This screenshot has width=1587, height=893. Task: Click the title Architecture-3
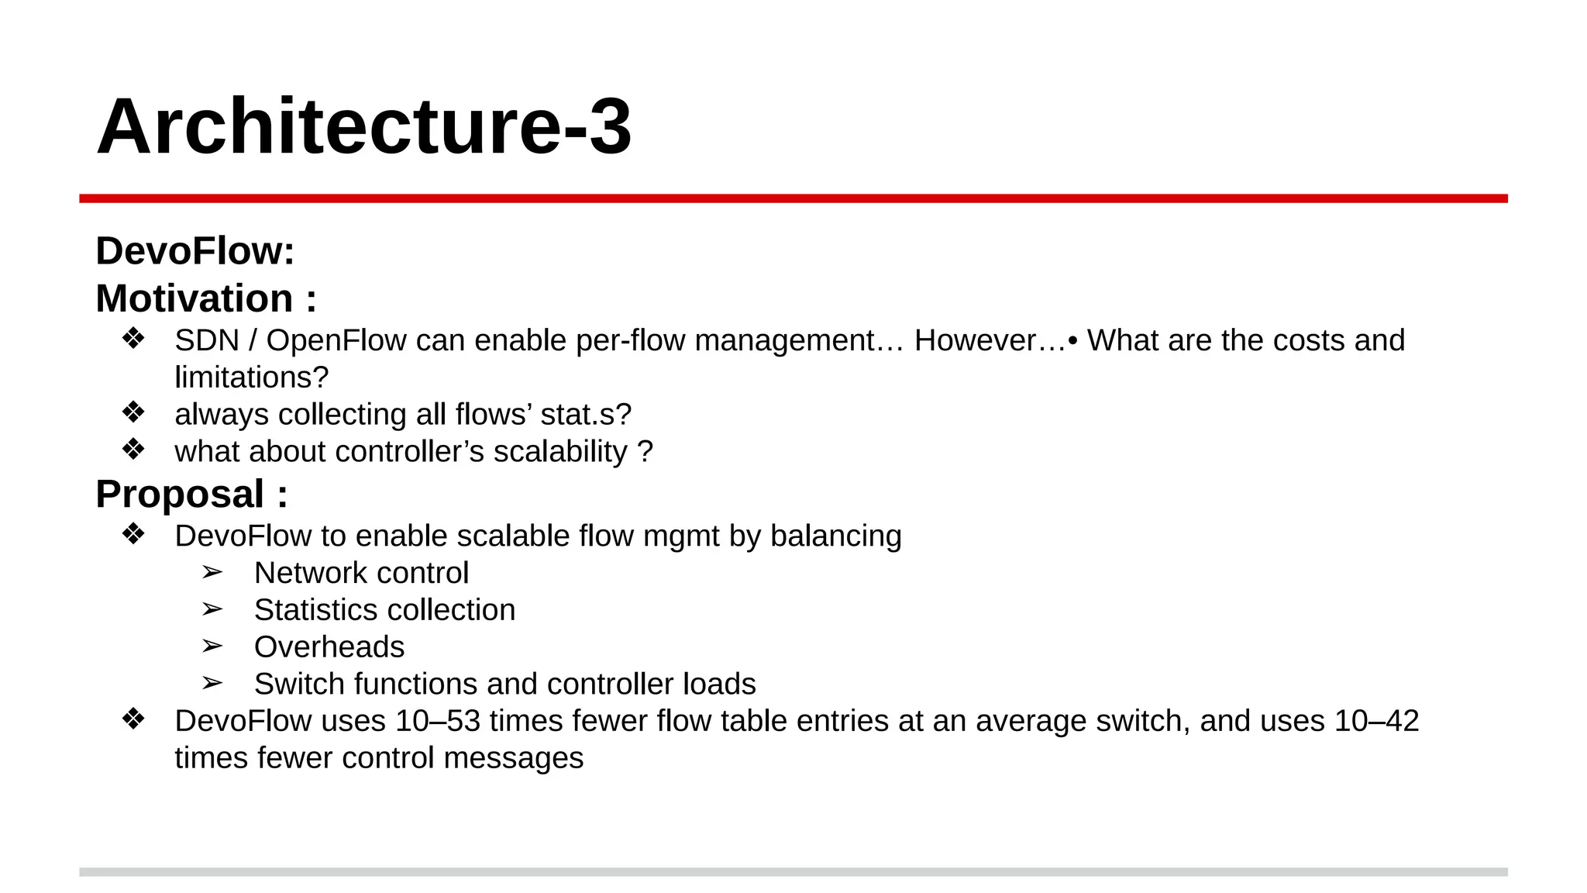[x=364, y=127]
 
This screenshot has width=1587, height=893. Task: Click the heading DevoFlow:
[x=195, y=251]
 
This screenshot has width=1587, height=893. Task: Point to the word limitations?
[x=251, y=378]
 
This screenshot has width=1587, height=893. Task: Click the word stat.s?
[x=586, y=415]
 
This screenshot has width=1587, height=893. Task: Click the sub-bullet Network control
[x=361, y=574]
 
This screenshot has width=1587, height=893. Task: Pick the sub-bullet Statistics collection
[x=384, y=610]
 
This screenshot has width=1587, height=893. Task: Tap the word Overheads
[x=329, y=647]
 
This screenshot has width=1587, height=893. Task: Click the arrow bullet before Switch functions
[x=212, y=684]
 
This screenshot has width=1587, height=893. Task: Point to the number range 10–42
[x=1375, y=721]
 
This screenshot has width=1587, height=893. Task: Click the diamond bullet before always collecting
[x=133, y=412]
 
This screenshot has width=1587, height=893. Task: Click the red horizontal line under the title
[x=793, y=198]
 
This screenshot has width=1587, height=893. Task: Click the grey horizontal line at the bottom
[x=793, y=872]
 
